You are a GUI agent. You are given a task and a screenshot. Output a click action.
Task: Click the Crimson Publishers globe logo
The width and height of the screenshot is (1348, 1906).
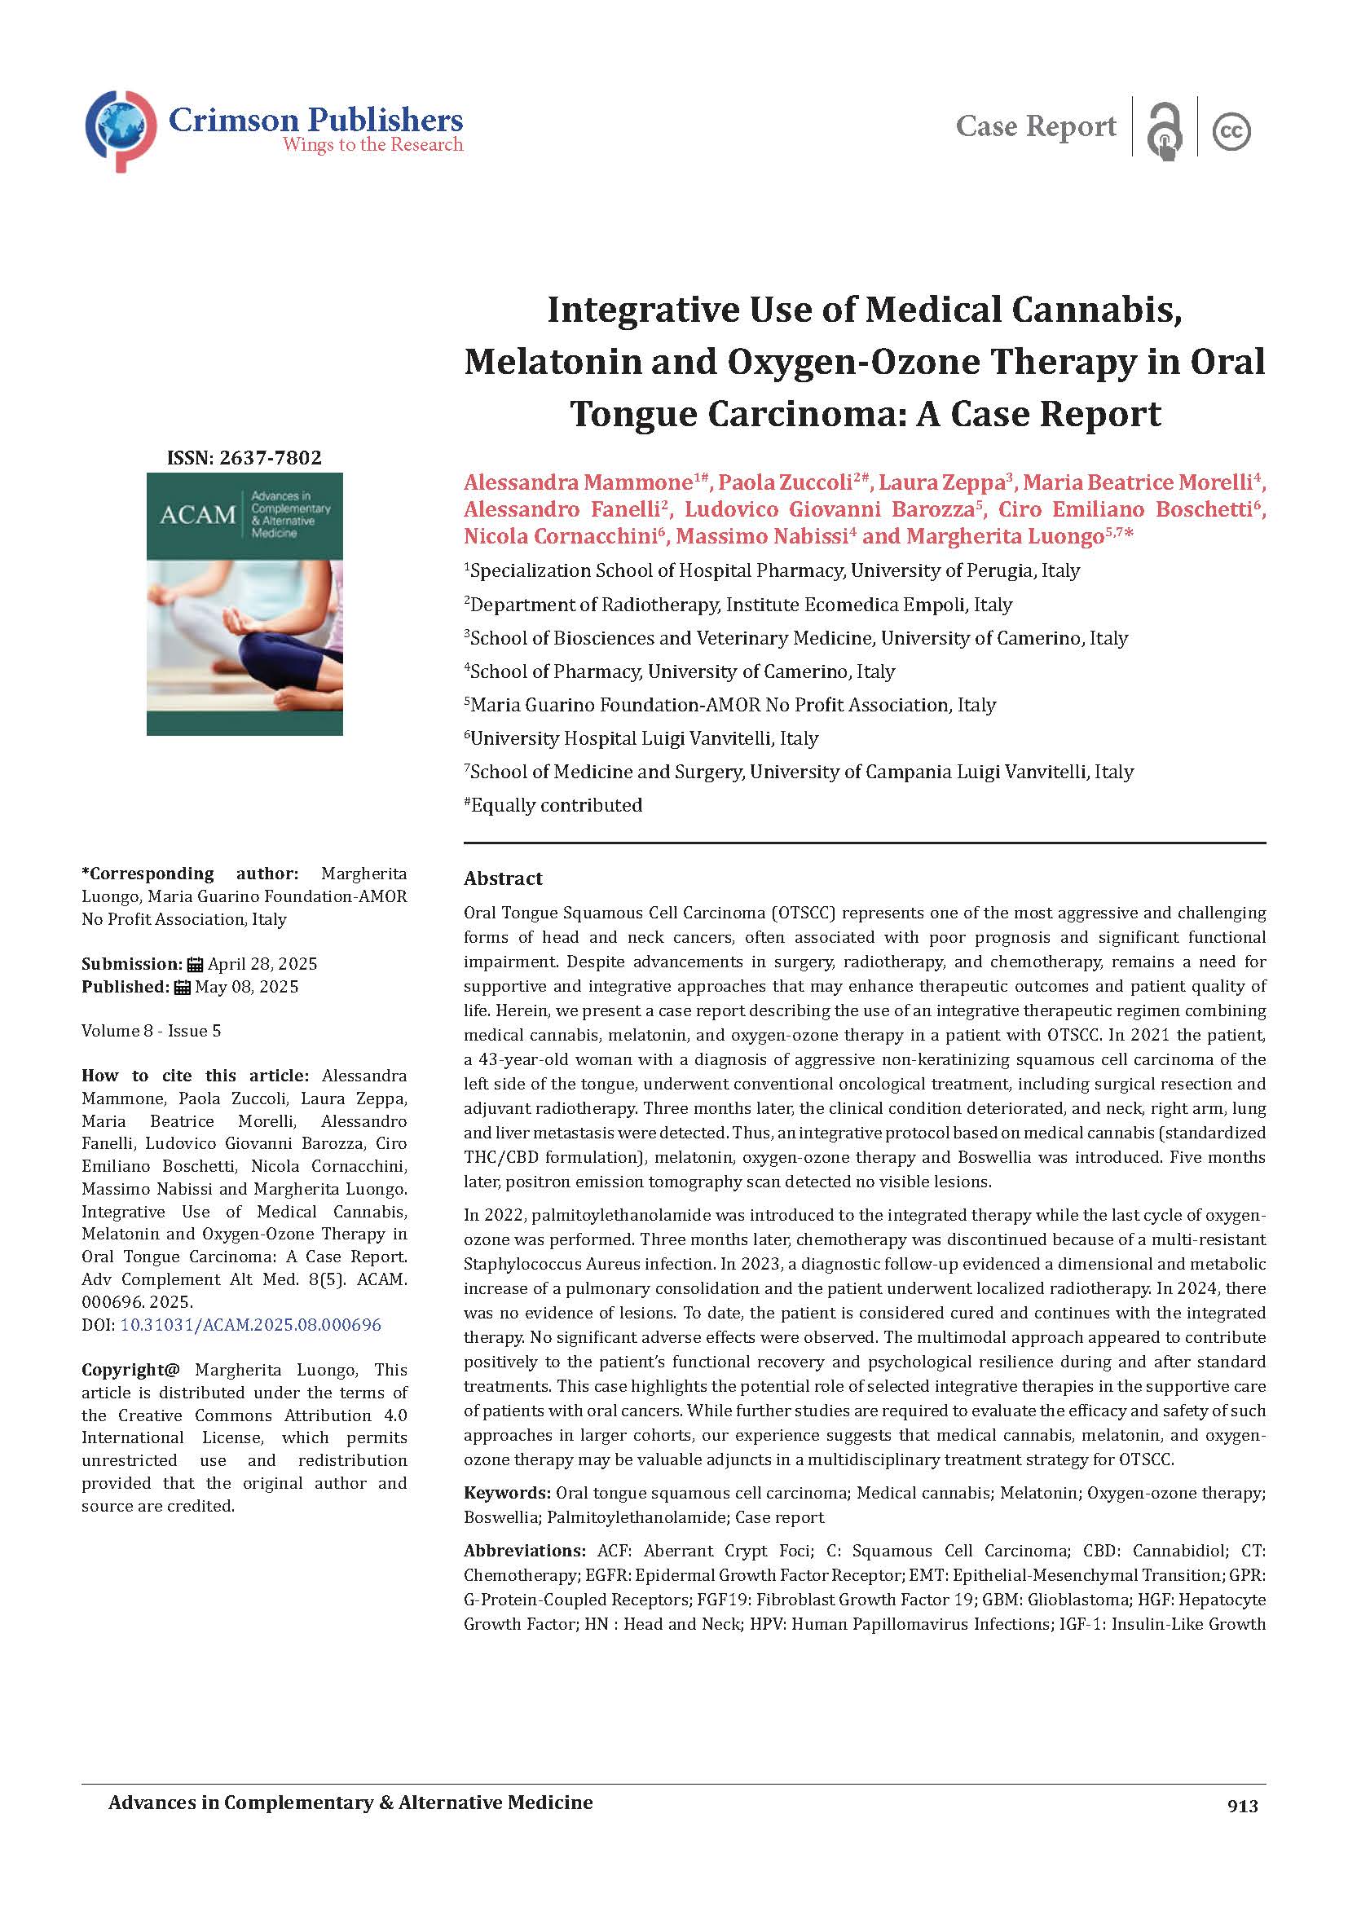pyautogui.click(x=121, y=130)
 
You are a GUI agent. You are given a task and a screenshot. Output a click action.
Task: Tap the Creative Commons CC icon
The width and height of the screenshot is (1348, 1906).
pyautogui.click(x=1231, y=131)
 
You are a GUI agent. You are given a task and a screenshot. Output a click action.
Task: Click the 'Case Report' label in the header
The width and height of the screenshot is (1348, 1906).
pyautogui.click(x=1035, y=126)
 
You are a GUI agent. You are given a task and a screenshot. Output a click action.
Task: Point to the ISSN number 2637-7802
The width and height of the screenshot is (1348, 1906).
pyautogui.click(x=244, y=457)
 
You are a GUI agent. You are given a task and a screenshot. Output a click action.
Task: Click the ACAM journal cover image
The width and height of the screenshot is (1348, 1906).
pyautogui.click(x=244, y=604)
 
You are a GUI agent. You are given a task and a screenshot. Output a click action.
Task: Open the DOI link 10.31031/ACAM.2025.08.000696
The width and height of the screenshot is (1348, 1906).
pyautogui.click(x=251, y=1324)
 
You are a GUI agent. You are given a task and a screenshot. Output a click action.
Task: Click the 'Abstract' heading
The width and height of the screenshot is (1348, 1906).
pyautogui.click(x=503, y=878)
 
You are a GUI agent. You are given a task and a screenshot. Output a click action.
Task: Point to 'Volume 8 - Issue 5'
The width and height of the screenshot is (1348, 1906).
pyautogui.click(x=151, y=1031)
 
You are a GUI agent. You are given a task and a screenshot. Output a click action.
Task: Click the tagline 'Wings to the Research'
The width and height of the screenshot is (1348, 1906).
pyautogui.click(x=372, y=145)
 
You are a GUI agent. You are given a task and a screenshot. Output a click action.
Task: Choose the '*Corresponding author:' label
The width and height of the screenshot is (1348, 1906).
pyautogui.click(x=189, y=874)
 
